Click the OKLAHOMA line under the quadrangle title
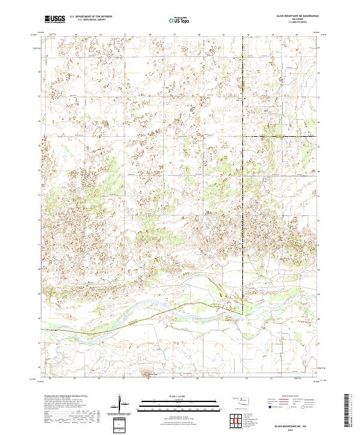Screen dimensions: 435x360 294,19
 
